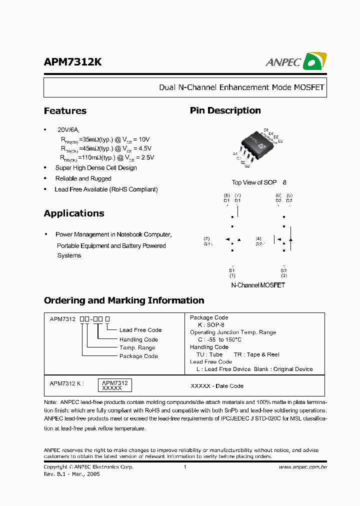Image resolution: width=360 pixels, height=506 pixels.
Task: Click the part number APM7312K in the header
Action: pos(73,61)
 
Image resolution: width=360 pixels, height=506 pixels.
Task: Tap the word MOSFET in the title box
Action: pos(308,87)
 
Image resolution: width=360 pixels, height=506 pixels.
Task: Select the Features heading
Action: pos(65,111)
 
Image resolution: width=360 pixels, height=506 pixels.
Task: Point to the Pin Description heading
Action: pos(225,110)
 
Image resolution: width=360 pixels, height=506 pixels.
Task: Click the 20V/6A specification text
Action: pos(68,129)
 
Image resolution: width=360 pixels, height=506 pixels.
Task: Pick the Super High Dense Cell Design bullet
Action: pos(96,168)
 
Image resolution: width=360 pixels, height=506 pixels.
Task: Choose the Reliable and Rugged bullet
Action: pos(83,178)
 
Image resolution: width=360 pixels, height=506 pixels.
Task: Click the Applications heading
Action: pos(74,213)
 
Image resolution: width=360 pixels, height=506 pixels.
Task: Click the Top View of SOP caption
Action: pos(254,182)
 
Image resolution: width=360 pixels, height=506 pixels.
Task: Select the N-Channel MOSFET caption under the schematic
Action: pos(258,285)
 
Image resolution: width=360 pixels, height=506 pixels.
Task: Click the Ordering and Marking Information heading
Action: pos(124,300)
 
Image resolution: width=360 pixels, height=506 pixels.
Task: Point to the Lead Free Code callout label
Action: pos(140,330)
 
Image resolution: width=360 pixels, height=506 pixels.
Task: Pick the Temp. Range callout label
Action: pos(137,347)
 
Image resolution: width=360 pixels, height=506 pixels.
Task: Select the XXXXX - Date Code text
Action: pos(217,386)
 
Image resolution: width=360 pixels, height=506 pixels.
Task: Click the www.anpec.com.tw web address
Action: pos(302,467)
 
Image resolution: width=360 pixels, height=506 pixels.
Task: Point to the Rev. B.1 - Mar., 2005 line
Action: pos(72,474)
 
